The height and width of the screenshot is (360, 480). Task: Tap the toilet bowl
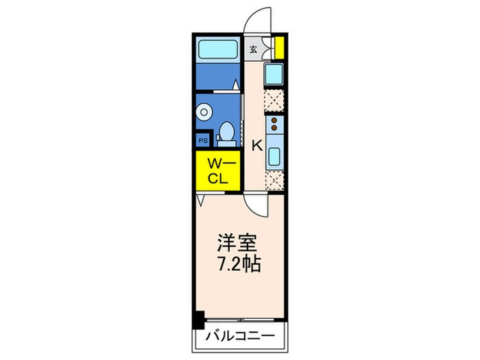coord(226,132)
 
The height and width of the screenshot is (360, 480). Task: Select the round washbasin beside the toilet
coord(205,110)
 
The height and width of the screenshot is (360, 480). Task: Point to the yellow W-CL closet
coord(217,169)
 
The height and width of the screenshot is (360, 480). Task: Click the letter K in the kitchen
coord(257,145)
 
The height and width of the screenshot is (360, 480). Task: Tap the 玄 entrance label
coord(254,49)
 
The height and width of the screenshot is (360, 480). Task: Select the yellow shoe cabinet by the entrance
coord(279,47)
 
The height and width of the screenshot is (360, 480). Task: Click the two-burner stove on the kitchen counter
coord(274,124)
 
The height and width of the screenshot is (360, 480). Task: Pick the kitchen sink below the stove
coord(274,156)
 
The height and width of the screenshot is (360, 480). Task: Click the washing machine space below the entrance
coord(274,74)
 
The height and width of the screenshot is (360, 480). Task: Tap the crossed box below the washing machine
coord(274,101)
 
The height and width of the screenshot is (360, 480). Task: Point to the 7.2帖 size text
coord(239,265)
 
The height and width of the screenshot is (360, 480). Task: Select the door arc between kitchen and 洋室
coord(256,203)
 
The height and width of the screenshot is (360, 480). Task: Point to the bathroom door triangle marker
coord(235,85)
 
